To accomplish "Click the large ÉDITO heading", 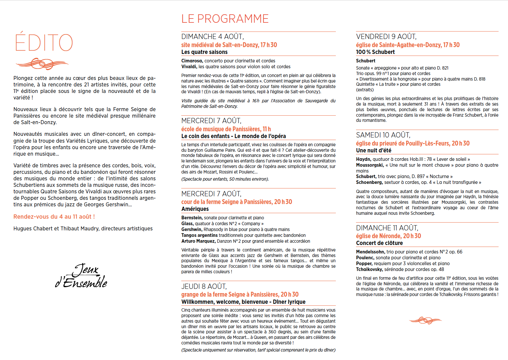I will pos(44,43).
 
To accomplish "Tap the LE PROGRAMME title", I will pos(225,19).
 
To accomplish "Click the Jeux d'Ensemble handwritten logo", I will pos(82,276).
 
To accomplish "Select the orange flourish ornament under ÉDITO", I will pos(42,63).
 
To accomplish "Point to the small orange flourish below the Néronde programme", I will pos(425,320).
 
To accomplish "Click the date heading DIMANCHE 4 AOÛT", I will pos(212,37).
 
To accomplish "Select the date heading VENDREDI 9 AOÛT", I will pos(386,37).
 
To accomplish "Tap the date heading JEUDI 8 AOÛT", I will pos(204,287).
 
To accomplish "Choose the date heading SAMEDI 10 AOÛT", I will pos(383,135).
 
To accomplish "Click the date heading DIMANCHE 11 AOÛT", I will pos(387,228).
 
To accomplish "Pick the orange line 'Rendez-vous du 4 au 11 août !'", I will pos(54,217).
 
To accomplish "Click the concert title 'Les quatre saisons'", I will pos(204,52).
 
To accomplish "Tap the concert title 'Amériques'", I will pos(195,209).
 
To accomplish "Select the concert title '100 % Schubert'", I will pos(375,52).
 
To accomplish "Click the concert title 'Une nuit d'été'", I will pos(374,150).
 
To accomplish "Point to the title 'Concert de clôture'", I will pos(379,243).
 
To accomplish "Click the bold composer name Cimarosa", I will pos(192,61).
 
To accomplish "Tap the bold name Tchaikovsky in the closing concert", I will pos(369,269).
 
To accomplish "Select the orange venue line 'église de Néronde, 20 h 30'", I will pos(388,236).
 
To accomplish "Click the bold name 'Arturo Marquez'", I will pos(198,241).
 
